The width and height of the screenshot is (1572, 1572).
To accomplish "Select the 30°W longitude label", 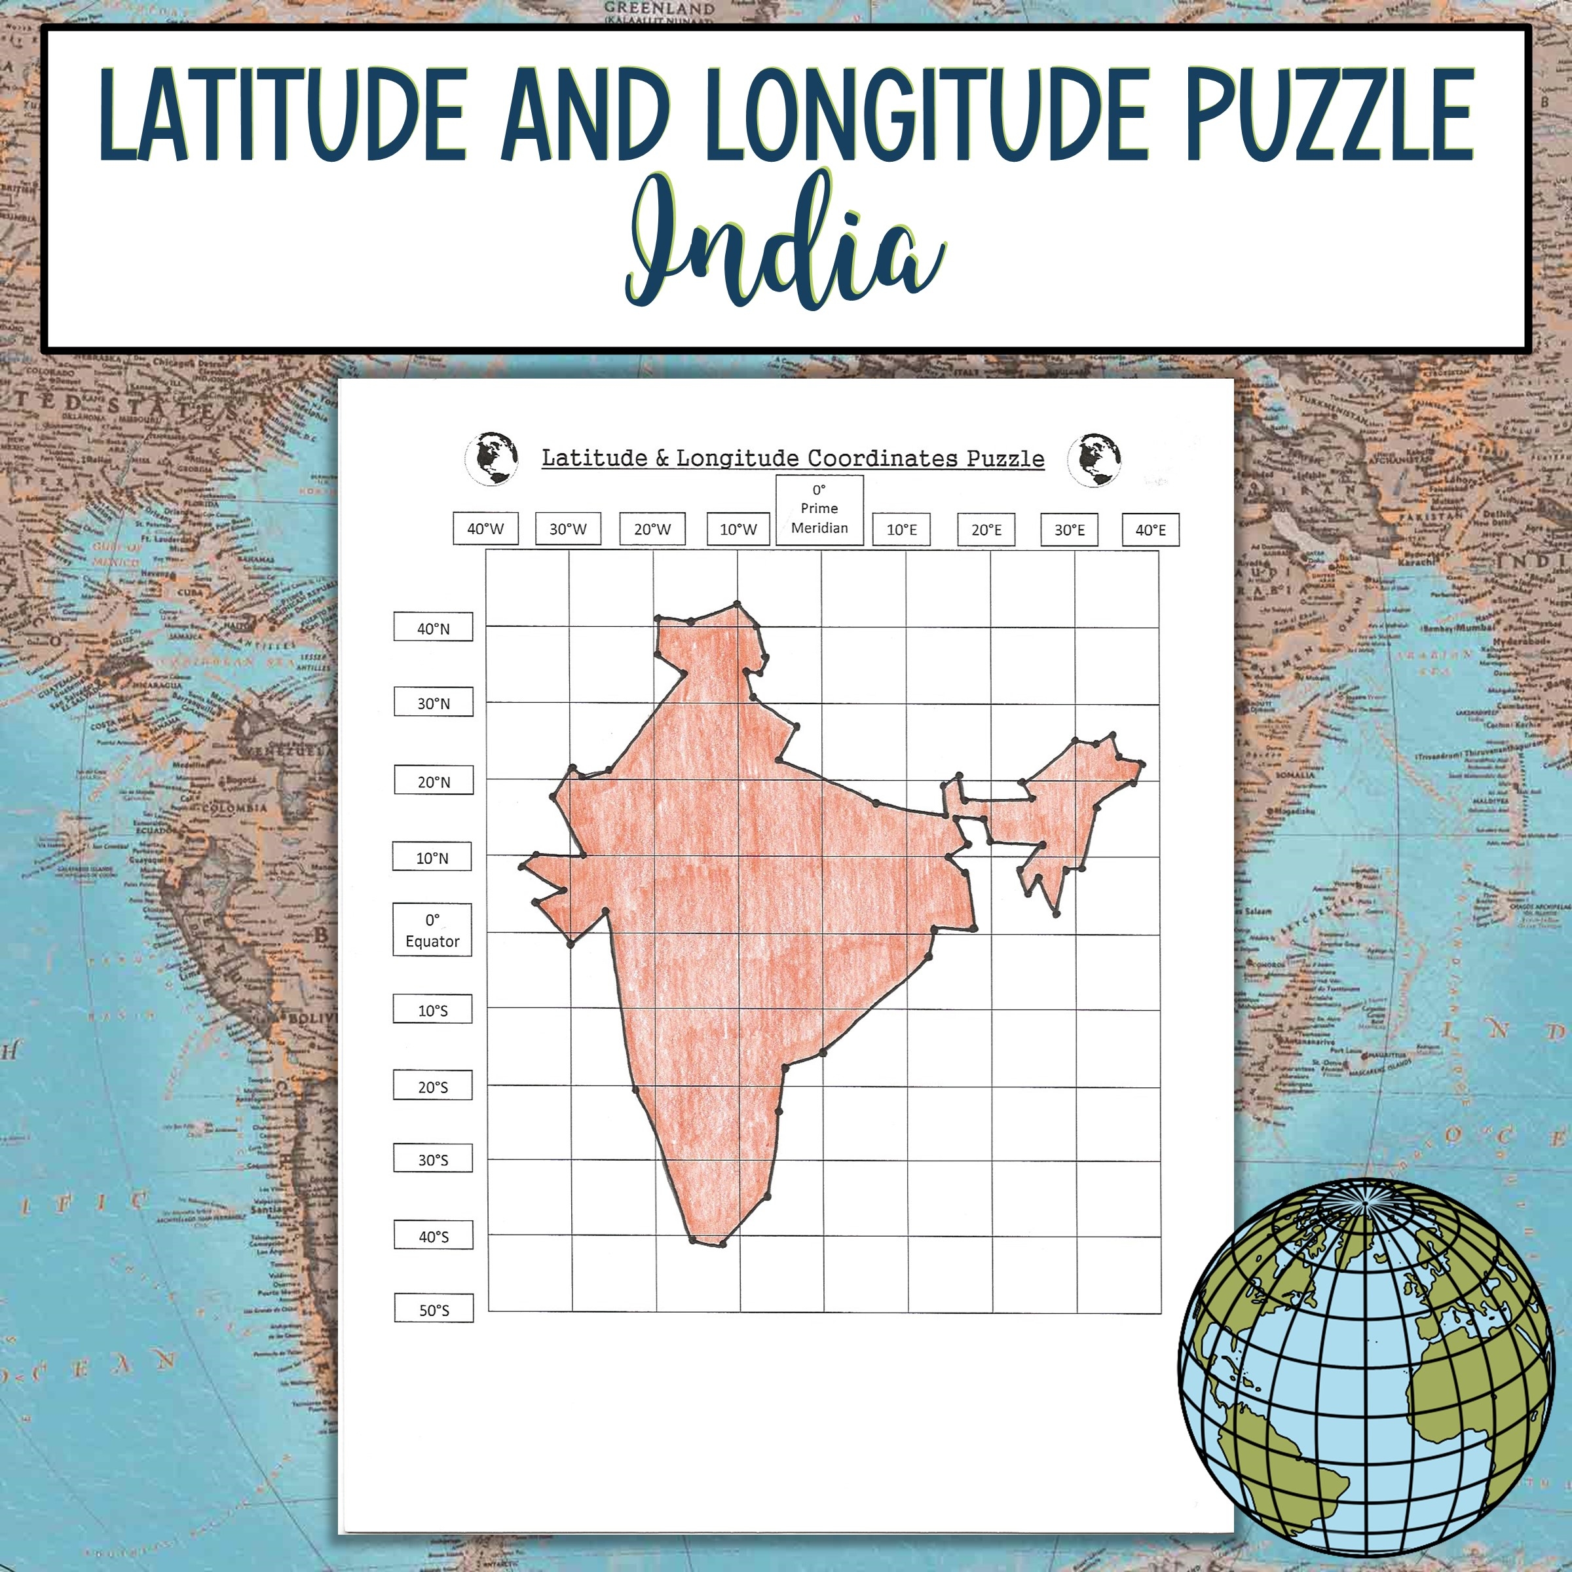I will tap(568, 529).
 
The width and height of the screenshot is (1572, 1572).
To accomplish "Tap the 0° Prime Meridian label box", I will tap(819, 510).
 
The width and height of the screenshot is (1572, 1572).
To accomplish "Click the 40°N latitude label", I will tap(433, 628).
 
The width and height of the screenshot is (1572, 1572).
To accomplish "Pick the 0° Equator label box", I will tap(432, 930).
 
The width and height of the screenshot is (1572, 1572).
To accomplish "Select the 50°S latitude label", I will tap(434, 1310).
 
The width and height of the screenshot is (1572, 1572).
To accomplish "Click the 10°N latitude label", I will tap(432, 857).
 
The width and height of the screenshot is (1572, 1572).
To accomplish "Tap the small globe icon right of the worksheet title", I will tap(1095, 460).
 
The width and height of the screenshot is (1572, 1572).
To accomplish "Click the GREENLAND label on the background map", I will tap(659, 8).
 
